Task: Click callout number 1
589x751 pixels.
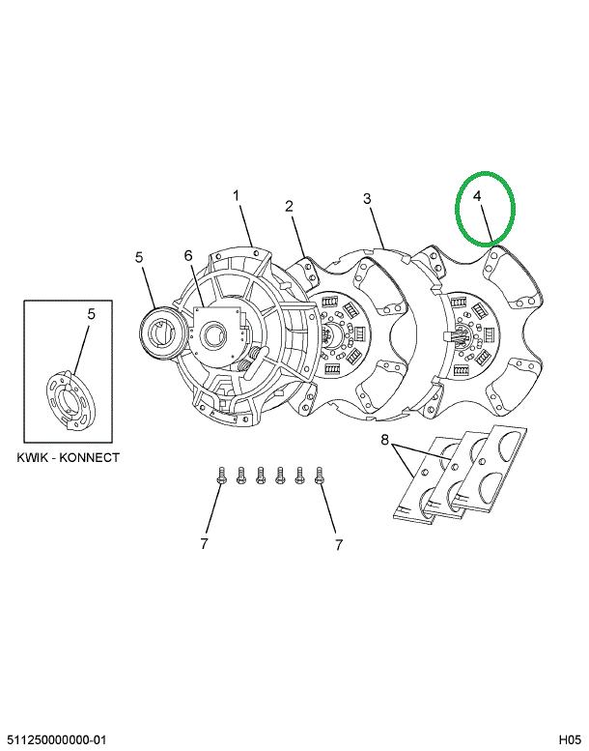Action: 236,197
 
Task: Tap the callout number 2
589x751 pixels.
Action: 289,205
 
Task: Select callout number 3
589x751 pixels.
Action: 367,199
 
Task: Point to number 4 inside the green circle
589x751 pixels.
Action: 477,196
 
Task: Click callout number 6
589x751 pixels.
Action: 189,255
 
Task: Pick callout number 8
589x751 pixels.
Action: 385,441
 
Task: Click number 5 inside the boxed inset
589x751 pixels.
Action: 91,314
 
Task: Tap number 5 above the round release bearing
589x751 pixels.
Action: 139,257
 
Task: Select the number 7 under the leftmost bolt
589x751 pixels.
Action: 205,544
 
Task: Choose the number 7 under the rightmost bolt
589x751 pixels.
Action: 339,544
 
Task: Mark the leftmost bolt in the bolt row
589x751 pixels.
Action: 222,476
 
